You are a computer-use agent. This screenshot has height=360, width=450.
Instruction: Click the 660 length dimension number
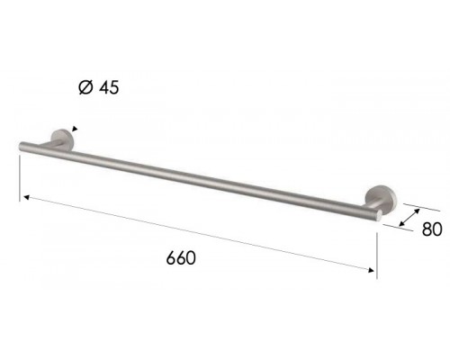[181, 257]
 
